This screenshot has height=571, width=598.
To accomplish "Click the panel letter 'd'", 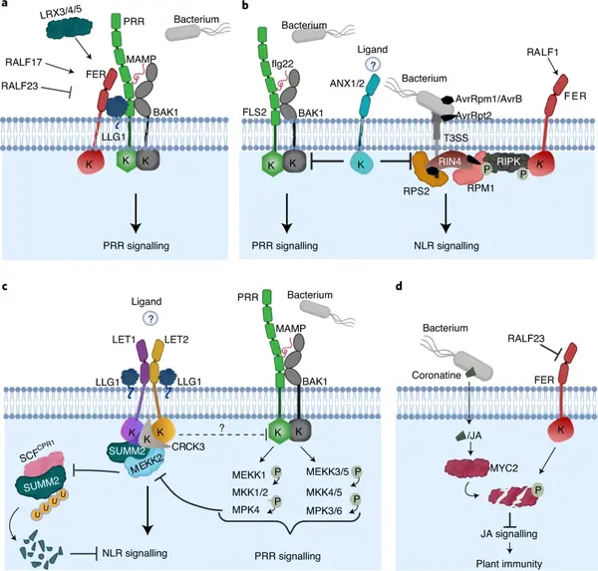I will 402,289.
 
